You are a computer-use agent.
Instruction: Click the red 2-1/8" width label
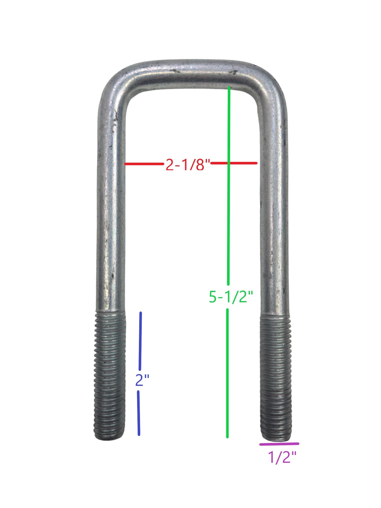[187, 165]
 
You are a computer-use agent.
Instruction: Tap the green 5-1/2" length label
[231, 297]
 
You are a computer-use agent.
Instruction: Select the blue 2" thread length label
[142, 380]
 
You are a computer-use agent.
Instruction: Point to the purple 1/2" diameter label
[282, 457]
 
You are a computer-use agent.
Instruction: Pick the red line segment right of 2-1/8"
[234, 163]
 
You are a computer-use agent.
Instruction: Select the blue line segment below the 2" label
[139, 413]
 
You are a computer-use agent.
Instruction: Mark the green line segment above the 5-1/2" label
[229, 182]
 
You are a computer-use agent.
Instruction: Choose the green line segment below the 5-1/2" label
[228, 373]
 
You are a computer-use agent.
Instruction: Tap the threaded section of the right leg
[276, 377]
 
